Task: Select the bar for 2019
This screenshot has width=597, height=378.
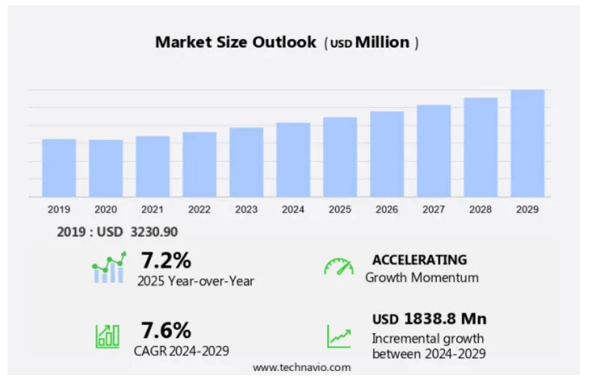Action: tap(59, 168)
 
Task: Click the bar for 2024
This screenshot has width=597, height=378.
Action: tap(293, 159)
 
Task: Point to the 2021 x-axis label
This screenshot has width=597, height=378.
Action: tap(153, 209)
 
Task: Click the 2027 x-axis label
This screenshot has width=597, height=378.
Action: tap(433, 209)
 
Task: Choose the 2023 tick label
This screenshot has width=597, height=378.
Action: tap(246, 209)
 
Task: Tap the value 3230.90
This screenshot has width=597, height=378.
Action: tap(154, 232)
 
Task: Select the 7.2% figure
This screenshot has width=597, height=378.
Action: tap(166, 260)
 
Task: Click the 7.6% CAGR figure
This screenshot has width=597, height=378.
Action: tap(166, 331)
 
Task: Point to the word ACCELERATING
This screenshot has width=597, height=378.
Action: tap(420, 260)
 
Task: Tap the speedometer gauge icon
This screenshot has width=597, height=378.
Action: tap(338, 267)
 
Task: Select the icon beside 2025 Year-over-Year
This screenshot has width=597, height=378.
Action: tap(109, 268)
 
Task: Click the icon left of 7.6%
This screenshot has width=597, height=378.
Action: tap(107, 336)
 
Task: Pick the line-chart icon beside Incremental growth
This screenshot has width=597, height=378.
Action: tap(338, 336)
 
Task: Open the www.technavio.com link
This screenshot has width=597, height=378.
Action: tap(301, 368)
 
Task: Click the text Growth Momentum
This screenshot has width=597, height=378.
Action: tap(422, 278)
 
